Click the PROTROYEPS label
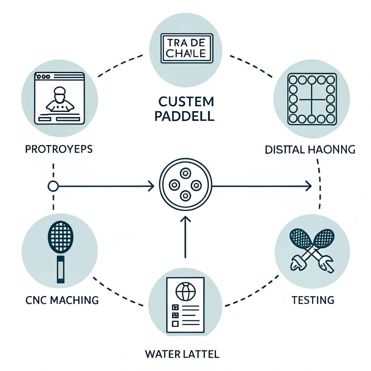[x=59, y=149]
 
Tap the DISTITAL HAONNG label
[x=310, y=149]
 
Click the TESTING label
[x=313, y=300]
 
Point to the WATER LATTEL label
[x=182, y=353]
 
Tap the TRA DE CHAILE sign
[x=186, y=49]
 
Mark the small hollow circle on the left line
[x=53, y=186]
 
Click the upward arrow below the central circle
[x=185, y=235]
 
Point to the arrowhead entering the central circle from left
[x=151, y=186]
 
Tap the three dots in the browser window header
[x=43, y=76]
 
